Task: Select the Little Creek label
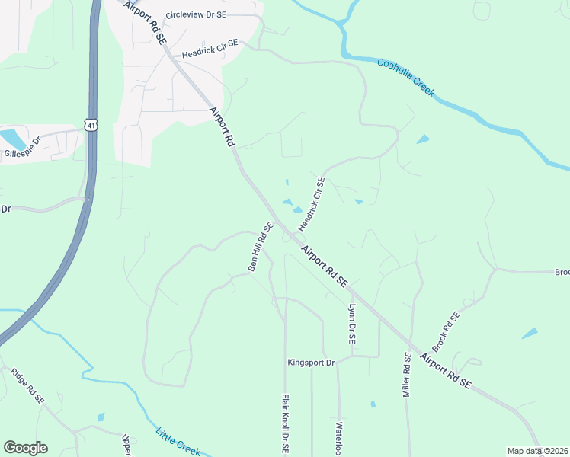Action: point(178,441)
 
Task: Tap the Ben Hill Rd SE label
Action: point(260,246)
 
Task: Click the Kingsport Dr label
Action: point(311,363)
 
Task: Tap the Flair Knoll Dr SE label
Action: point(284,424)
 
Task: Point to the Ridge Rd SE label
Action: point(27,386)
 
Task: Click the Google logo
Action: point(25,448)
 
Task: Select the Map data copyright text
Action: point(536,451)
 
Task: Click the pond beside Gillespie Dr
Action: point(11,139)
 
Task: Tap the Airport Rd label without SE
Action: point(223,127)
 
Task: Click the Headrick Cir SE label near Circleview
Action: point(210,51)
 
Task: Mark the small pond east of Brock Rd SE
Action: point(529,333)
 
